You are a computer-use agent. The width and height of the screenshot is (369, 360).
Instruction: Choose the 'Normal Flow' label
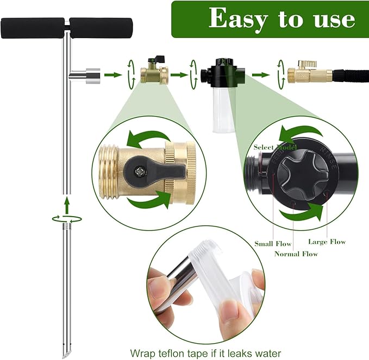[x=296, y=254]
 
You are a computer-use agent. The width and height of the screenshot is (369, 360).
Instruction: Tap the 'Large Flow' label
[x=327, y=242]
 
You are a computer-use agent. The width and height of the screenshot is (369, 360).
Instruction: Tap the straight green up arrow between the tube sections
[x=66, y=205]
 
